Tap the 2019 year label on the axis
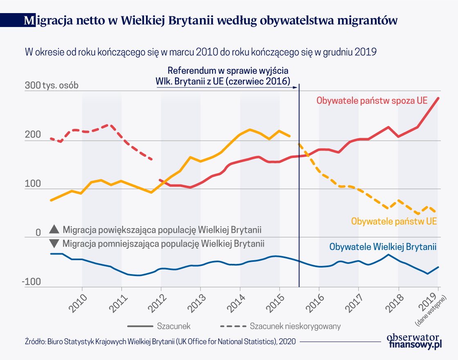[x=431, y=301]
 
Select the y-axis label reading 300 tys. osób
[x=52, y=86]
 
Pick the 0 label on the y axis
[x=38, y=233]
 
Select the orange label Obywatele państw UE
[x=394, y=221]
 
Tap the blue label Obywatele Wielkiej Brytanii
[x=383, y=247]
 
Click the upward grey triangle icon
[x=54, y=229]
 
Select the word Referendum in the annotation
[x=190, y=70]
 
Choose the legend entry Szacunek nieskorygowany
[x=295, y=326]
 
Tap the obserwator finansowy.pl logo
[x=414, y=341]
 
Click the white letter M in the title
[x=29, y=21]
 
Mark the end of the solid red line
[x=438, y=98]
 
